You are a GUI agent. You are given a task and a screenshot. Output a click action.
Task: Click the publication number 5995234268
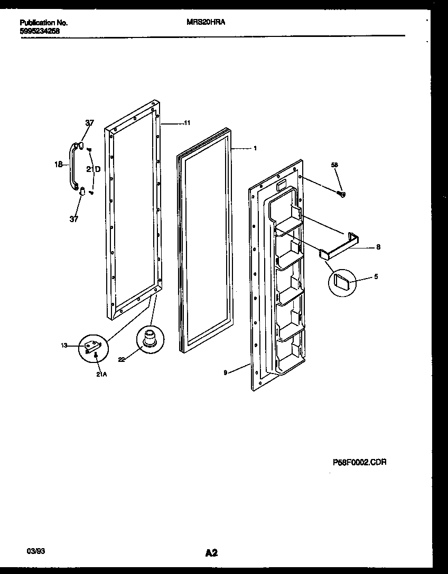coord(40,31)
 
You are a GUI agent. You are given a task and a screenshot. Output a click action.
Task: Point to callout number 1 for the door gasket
coord(255,148)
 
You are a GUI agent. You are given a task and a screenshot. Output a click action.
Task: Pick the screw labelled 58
coord(341,194)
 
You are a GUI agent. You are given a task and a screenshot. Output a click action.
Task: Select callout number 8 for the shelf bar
coord(378,246)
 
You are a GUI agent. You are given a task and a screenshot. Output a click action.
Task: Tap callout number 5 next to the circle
coord(376,276)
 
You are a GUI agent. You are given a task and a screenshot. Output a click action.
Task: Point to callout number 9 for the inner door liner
coord(226,372)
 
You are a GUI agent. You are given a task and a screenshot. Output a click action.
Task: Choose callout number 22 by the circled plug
coord(122,359)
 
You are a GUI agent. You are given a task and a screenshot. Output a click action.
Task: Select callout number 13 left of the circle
coord(64,346)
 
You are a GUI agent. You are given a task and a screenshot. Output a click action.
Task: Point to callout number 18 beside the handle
coord(59,165)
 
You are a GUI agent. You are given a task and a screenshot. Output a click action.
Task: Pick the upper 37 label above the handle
coord(90,123)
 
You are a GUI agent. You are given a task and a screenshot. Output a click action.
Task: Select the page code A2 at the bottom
coord(211,553)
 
